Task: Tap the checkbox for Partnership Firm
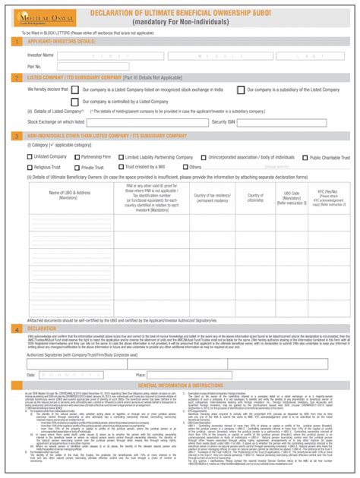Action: coord(75,156)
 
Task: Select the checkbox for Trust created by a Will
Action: coord(121,167)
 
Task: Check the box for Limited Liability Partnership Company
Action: coord(121,156)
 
